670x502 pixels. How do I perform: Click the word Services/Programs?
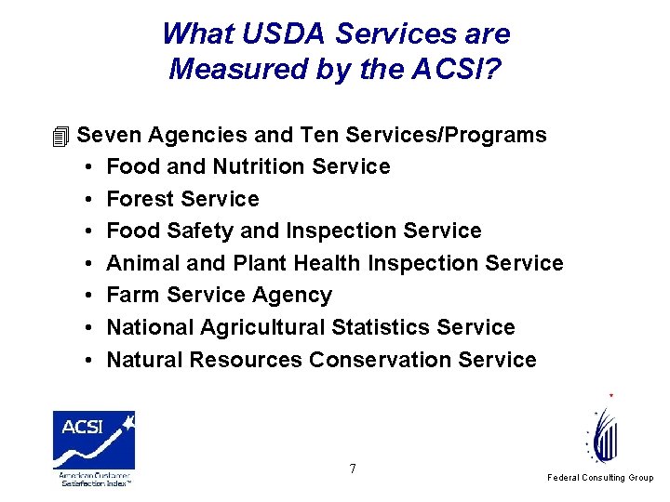(446, 135)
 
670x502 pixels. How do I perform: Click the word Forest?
(141, 199)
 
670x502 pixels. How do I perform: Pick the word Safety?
(194, 231)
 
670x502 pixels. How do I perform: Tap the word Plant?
(260, 263)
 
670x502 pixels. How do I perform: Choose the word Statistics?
(408, 327)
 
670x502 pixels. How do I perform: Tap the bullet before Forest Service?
(85, 200)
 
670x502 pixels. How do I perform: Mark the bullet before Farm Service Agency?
(85, 296)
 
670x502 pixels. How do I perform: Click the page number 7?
(353, 469)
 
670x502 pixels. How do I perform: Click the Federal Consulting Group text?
(600, 478)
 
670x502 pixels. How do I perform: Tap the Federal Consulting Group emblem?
(604, 432)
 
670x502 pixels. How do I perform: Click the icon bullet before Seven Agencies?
(61, 137)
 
